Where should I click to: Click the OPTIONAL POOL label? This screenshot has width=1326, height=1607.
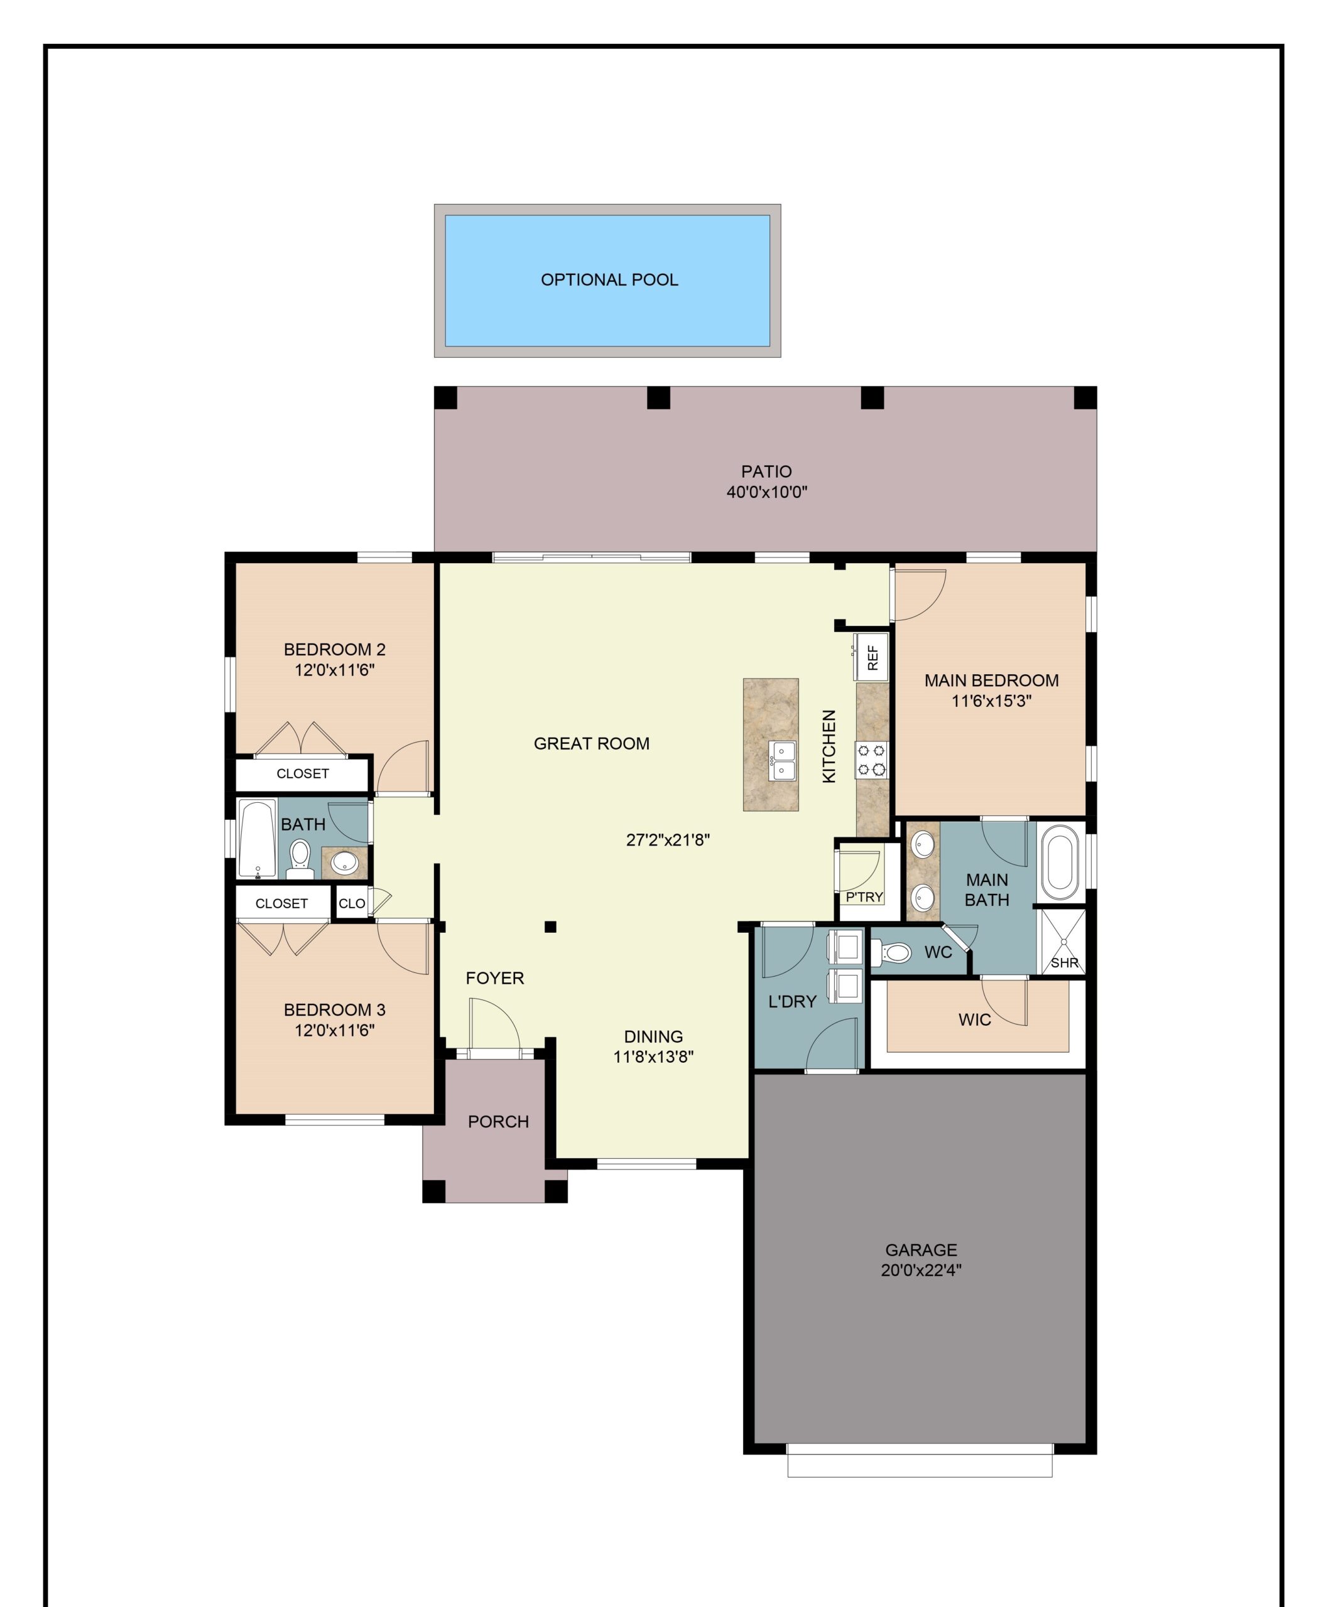click(x=609, y=280)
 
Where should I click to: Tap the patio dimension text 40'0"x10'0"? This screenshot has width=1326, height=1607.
click(x=766, y=492)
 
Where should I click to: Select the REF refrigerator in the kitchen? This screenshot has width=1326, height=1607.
click(x=871, y=656)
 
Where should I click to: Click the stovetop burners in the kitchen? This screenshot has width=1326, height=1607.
click(x=871, y=760)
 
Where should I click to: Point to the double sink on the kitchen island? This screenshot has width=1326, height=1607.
click(x=783, y=760)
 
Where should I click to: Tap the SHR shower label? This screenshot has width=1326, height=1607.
click(x=1064, y=963)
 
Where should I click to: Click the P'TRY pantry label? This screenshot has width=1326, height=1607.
click(x=864, y=897)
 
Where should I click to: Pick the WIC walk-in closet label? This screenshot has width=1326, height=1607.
click(x=975, y=1020)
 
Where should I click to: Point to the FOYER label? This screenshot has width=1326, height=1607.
click(x=495, y=978)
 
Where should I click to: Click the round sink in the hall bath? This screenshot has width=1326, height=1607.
click(x=344, y=863)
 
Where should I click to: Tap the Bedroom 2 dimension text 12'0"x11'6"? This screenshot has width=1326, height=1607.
click(x=335, y=670)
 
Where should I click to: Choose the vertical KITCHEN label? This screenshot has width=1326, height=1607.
click(x=829, y=746)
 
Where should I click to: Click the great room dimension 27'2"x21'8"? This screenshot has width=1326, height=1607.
click(x=668, y=841)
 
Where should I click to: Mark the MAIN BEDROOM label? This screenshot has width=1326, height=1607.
click(x=991, y=680)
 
